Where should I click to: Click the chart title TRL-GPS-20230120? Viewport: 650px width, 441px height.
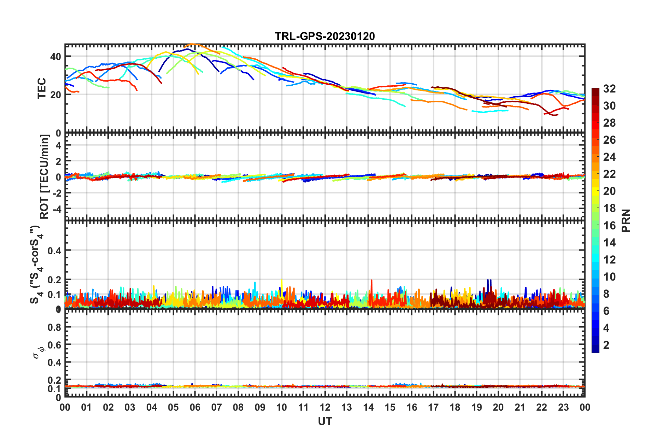[325, 36]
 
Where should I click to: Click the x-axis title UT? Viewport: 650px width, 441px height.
[325, 422]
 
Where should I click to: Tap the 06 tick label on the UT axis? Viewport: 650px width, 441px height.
[195, 407]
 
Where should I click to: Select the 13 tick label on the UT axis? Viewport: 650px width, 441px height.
[347, 407]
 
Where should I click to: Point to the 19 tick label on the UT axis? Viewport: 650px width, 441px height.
[477, 407]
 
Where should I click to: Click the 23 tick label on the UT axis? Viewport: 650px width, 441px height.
[563, 407]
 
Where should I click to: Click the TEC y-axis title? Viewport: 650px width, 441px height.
[42, 88]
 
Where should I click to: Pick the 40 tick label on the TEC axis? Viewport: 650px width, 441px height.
[55, 57]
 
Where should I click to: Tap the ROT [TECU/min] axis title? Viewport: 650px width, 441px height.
[44, 176]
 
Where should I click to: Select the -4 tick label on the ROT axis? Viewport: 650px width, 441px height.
[55, 209]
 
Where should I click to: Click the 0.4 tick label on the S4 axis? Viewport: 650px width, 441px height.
[54, 251]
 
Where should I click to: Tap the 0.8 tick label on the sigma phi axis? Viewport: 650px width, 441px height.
[54, 327]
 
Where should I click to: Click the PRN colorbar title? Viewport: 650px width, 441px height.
[626, 220]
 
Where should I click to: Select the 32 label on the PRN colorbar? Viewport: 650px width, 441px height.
[609, 89]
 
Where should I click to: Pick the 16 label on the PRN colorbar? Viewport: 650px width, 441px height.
[609, 226]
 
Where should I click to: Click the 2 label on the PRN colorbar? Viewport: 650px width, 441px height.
[606, 345]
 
